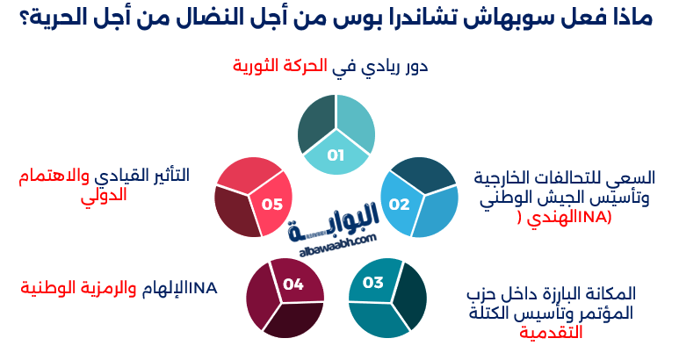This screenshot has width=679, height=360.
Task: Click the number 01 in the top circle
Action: pos(335,155)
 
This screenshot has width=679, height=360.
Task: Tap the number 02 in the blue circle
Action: pos(400,205)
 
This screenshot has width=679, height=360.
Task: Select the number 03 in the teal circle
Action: pos(373,282)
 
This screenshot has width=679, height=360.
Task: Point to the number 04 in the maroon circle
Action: pos(293,284)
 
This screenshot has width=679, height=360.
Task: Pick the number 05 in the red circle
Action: pos(272,205)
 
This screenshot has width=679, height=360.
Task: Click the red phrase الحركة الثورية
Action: pos(280,66)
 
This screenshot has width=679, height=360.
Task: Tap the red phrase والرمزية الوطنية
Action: pos(79,288)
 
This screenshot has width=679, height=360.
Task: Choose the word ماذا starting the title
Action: pos(629,18)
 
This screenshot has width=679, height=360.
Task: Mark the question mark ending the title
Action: pos(24,18)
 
